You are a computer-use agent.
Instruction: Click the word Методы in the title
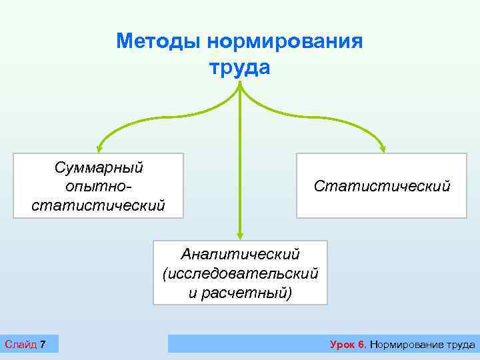[159, 41]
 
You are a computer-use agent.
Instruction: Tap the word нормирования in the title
[285, 41]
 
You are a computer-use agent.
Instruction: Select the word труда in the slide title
[240, 67]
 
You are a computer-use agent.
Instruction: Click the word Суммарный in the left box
[98, 167]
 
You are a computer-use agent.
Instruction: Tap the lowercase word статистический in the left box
[98, 204]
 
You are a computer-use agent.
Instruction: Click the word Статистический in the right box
[382, 186]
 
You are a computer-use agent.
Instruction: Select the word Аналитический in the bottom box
[241, 254]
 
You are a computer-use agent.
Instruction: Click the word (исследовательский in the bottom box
[240, 273]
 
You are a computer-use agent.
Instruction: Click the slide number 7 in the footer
[43, 344]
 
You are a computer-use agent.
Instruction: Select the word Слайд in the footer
[20, 344]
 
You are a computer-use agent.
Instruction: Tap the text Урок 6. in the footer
[348, 345]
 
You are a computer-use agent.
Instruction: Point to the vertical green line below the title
[240, 167]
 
